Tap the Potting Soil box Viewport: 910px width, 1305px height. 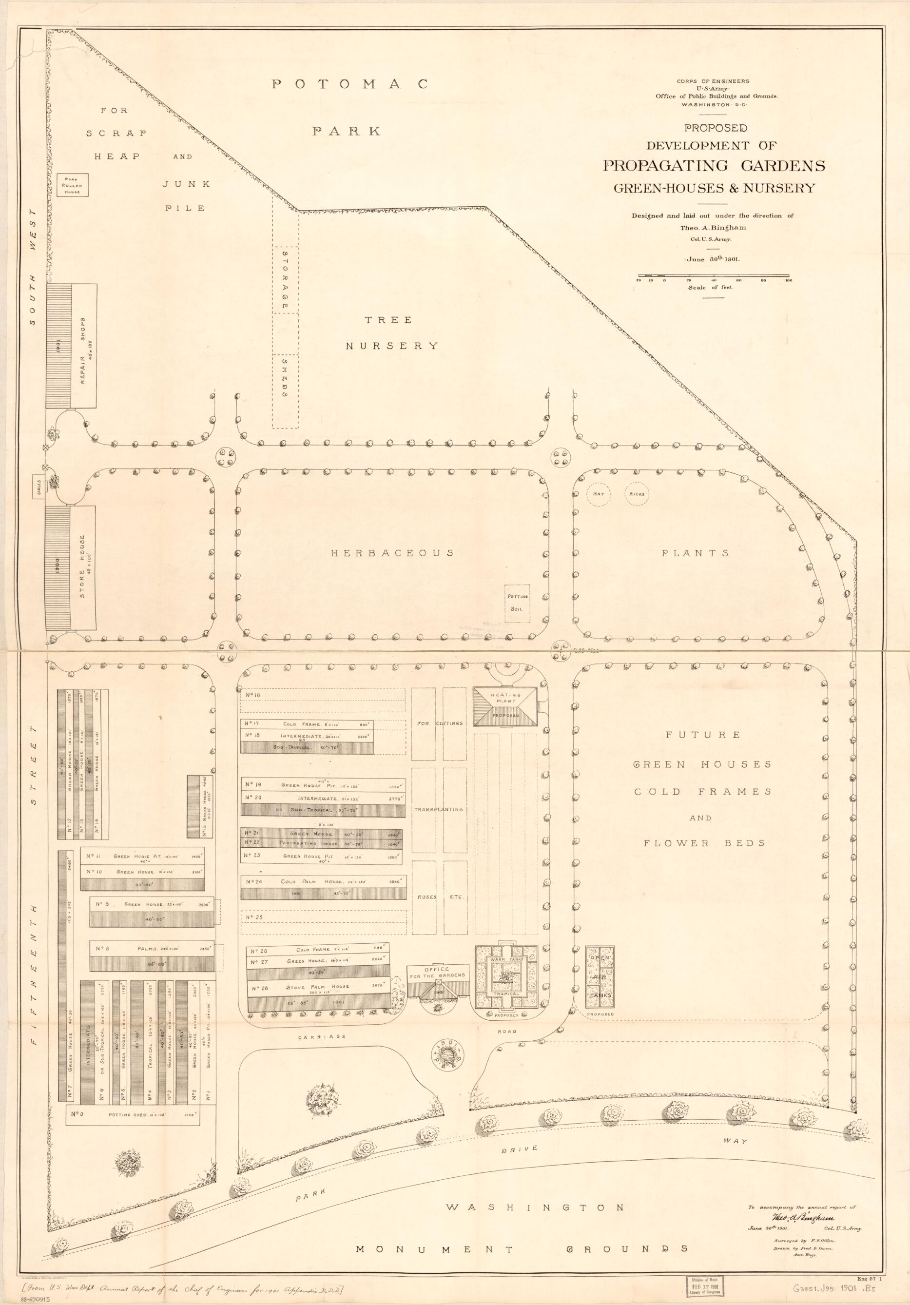[517, 602]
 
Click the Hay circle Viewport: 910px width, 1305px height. [598, 494]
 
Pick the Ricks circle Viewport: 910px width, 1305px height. [637, 494]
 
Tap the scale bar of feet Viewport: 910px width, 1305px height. [714, 280]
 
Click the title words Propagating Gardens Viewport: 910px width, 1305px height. [714, 166]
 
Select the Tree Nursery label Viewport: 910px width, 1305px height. [393, 332]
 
